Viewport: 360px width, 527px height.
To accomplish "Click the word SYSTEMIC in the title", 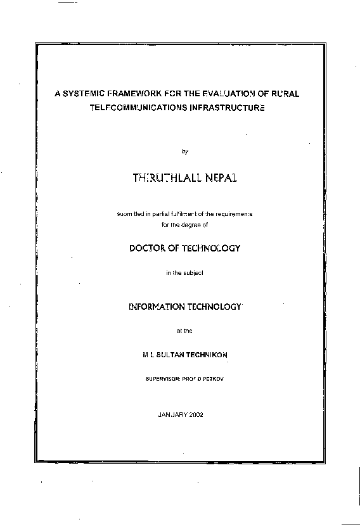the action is (84, 94).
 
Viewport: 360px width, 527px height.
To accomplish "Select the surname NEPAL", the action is (221, 180).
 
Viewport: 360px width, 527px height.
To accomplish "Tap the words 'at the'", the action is (184, 330).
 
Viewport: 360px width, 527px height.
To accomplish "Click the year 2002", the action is (195, 414).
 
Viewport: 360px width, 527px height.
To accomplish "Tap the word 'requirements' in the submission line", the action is (235, 214).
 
